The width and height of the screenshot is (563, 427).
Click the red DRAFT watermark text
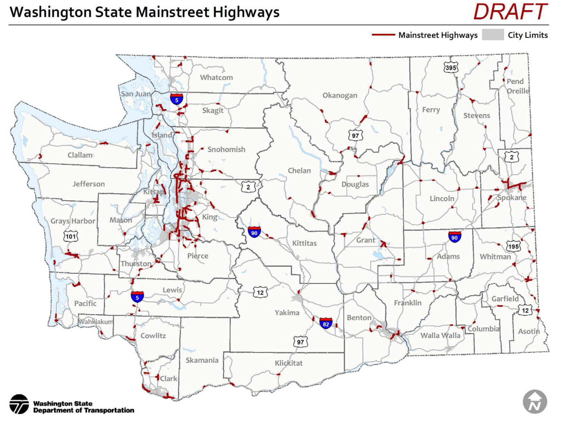[x=510, y=12]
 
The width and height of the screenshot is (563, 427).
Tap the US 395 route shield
[x=450, y=67]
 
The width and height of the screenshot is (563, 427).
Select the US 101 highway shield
[x=71, y=236]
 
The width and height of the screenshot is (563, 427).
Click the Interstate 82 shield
[x=326, y=323]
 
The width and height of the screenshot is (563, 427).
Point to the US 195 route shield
[x=513, y=246]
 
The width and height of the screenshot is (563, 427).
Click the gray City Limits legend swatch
[x=492, y=35]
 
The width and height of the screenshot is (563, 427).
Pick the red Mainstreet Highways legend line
[x=383, y=35]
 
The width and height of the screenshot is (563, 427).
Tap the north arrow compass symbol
[x=535, y=402]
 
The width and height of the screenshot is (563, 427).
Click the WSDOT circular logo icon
[x=19, y=404]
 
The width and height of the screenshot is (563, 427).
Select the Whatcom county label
[x=216, y=78]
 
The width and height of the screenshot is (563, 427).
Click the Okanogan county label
[x=340, y=95]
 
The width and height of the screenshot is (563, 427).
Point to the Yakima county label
[x=287, y=313]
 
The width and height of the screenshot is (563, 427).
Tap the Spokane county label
[x=512, y=198]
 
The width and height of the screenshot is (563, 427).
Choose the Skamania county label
[x=202, y=360]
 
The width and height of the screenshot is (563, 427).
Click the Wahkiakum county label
[x=96, y=322]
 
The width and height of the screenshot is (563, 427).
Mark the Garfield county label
[x=505, y=299]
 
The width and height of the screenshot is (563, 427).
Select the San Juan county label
[x=135, y=94]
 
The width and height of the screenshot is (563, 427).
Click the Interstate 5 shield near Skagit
[x=177, y=99]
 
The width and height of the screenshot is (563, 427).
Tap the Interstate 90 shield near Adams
[x=454, y=237]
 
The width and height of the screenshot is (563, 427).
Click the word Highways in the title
[x=246, y=12]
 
